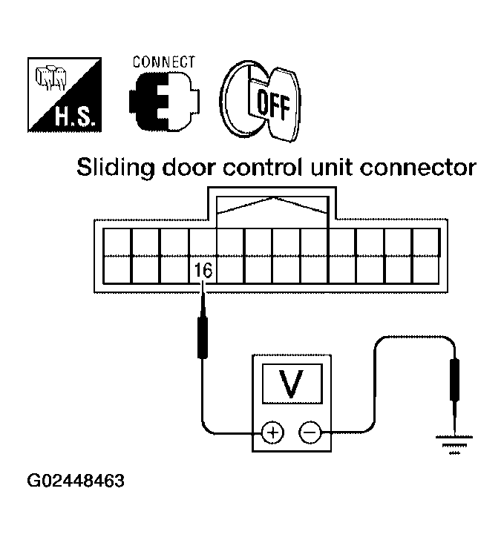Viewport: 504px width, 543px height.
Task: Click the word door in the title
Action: [x=197, y=169]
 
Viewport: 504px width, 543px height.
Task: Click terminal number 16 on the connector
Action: [x=203, y=271]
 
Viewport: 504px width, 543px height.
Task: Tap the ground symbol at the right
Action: [x=454, y=444]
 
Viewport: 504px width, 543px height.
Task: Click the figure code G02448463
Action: [x=75, y=480]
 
